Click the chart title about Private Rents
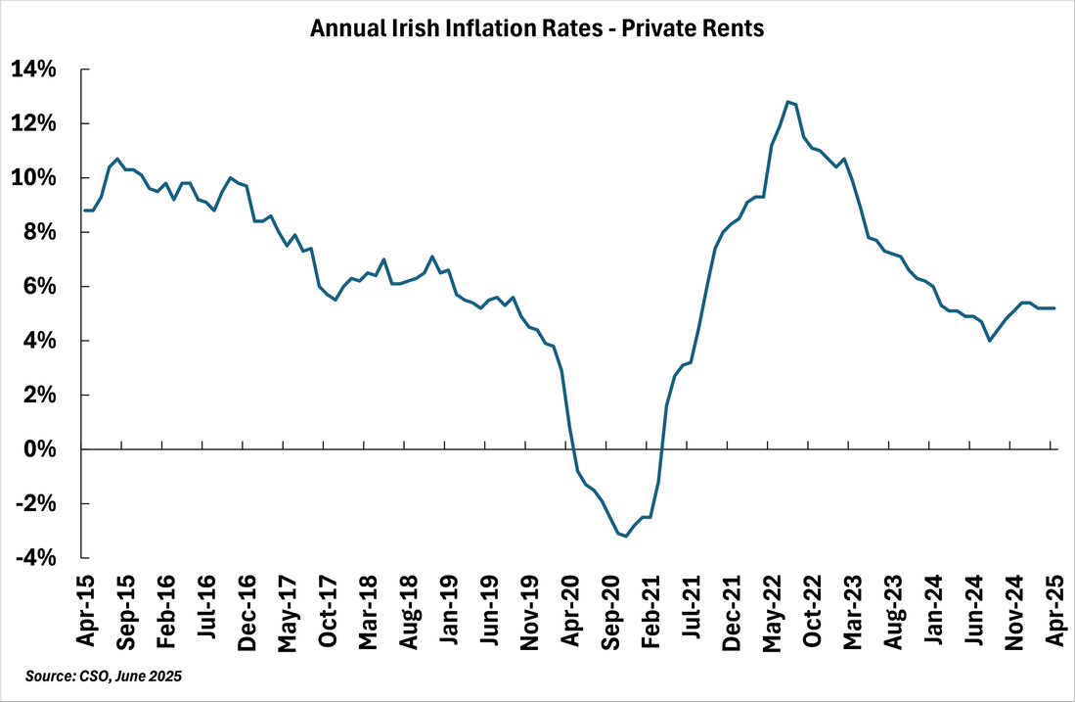(537, 29)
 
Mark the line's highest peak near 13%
(786, 101)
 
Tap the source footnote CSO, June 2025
(104, 677)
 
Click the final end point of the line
(1053, 308)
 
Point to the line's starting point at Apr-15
(83, 211)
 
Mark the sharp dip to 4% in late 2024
(990, 341)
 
